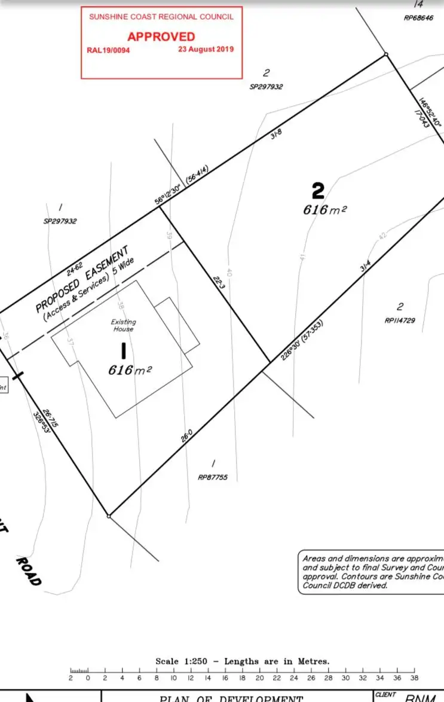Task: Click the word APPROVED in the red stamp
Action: (161, 36)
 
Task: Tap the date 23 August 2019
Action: (206, 50)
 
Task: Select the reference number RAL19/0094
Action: (108, 50)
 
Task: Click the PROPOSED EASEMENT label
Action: (82, 279)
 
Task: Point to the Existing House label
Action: (123, 325)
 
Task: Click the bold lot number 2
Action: (319, 191)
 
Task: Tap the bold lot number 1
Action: (123, 350)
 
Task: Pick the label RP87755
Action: (213, 478)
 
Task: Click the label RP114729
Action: (400, 321)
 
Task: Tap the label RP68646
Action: (418, 18)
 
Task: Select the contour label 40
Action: (229, 273)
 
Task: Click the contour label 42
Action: (383, 236)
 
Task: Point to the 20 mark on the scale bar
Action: (259, 677)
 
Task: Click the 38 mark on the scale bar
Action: (414, 677)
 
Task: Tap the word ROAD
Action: (28, 572)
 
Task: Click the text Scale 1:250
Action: (179, 661)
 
